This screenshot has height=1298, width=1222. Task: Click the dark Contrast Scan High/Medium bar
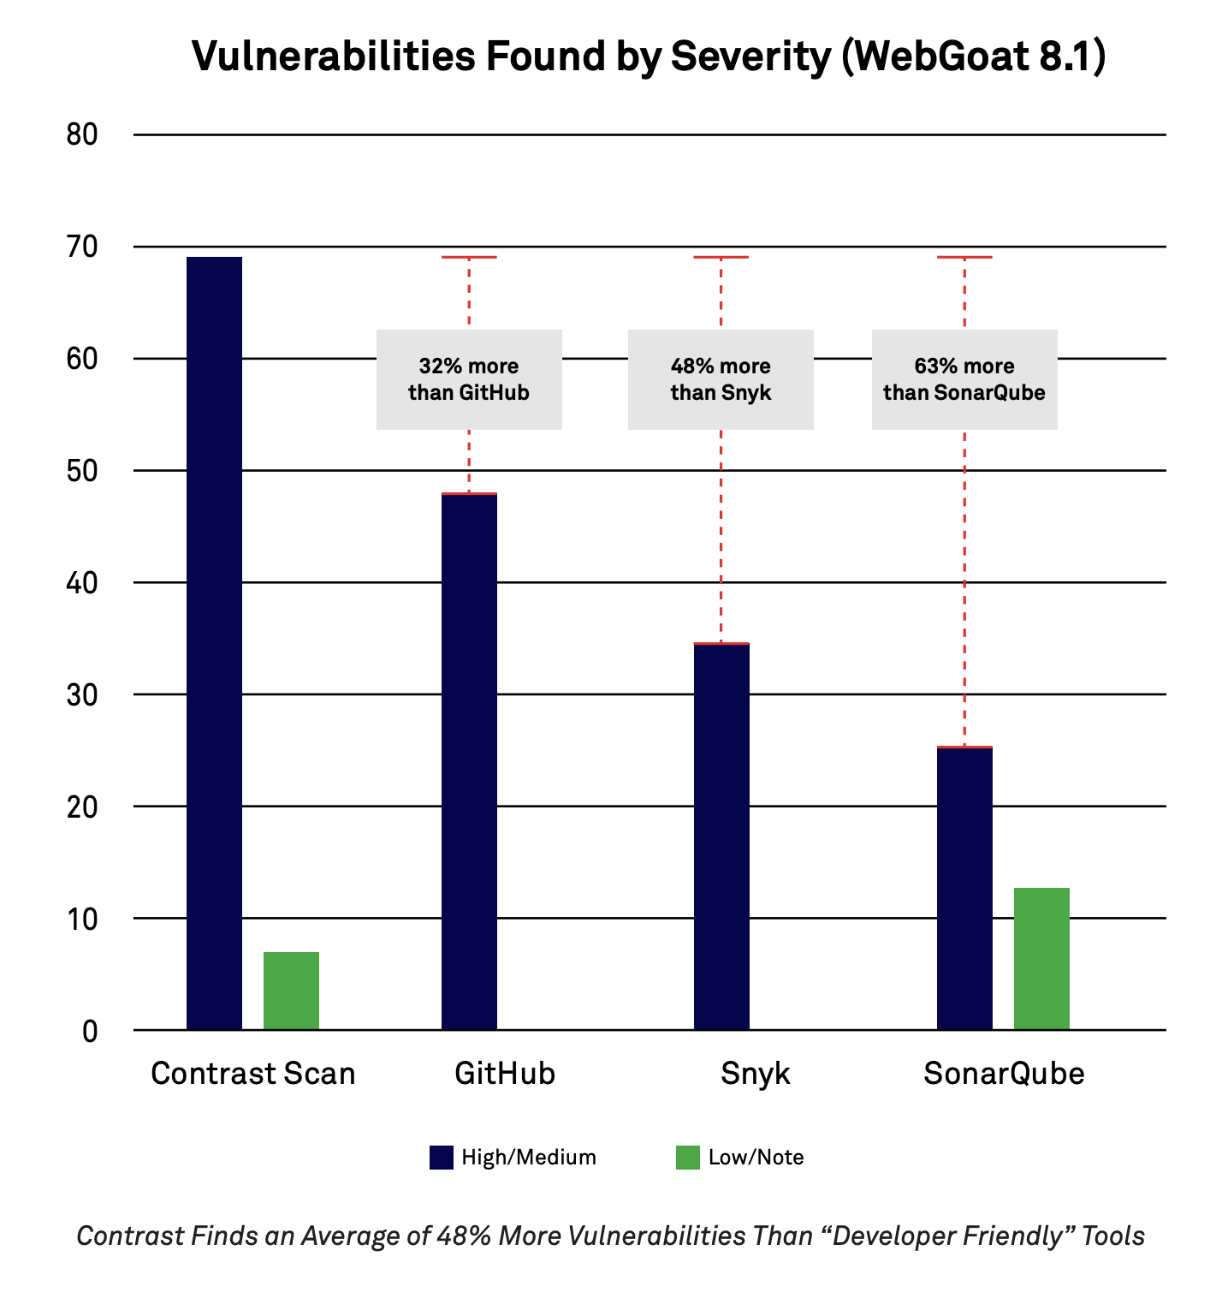pos(214,642)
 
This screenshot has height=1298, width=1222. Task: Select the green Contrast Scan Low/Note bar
pos(291,991)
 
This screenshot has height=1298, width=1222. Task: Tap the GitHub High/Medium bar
pos(469,761)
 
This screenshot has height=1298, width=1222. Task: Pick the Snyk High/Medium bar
pos(721,836)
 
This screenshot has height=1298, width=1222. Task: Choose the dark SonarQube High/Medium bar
pos(964,888)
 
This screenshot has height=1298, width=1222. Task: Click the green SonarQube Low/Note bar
pos(1041,958)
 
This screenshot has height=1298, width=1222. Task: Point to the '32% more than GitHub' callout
pos(469,379)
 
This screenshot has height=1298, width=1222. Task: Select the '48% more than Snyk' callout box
pos(721,379)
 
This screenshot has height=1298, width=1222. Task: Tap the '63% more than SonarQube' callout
pos(964,379)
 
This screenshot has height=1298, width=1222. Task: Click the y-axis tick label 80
pos(82,134)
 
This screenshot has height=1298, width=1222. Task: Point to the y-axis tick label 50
pos(82,471)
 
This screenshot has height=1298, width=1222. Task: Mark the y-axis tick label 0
pos(90,1031)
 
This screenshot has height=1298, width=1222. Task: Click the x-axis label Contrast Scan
pos(252,1074)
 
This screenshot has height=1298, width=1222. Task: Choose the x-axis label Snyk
pos(756,1074)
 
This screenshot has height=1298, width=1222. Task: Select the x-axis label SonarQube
pos(1004,1074)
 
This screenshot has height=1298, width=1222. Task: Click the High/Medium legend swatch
pos(442,1158)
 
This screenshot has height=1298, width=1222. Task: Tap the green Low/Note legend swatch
pos(688,1158)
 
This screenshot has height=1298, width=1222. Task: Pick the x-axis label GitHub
pos(505,1074)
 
